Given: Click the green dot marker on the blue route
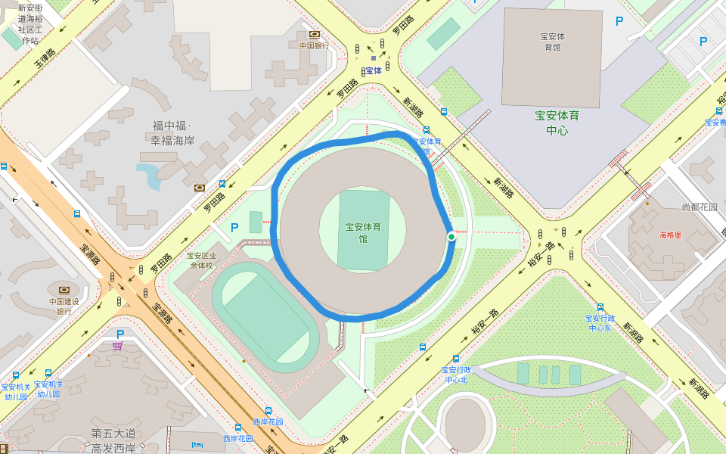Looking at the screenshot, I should (451, 237).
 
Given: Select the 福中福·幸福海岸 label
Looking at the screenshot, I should (172, 133).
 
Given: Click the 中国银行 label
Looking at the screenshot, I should (314, 45).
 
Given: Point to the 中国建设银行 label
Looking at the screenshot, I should (64, 306).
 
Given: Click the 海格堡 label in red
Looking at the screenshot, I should (670, 235).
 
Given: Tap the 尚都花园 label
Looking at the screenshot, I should (699, 207).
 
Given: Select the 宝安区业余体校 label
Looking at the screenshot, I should (201, 260).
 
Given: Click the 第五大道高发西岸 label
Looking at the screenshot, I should (113, 440).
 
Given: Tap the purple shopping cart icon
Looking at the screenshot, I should (117, 346).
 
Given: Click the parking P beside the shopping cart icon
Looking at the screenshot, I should (119, 334).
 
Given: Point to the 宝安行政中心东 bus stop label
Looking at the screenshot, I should (600, 323).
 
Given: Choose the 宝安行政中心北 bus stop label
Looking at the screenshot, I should (457, 375).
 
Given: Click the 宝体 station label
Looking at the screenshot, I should (374, 70).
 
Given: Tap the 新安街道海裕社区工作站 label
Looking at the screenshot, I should (30, 24).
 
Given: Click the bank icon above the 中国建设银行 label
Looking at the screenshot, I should (64, 290).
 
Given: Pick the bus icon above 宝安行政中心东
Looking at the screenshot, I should (600, 307).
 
